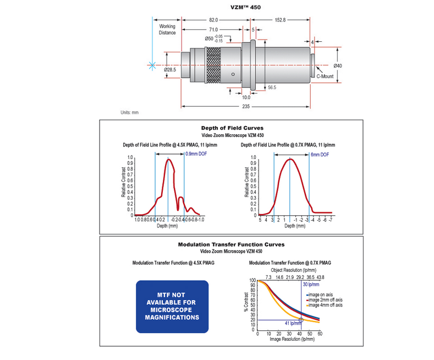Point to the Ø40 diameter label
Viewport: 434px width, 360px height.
(338, 66)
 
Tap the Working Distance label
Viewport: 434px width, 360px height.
(167, 29)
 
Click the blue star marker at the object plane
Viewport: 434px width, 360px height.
(152, 66)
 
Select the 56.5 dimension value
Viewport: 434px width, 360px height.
(272, 87)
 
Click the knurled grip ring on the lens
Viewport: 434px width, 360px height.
(211, 66)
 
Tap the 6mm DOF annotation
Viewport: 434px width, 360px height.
(319, 155)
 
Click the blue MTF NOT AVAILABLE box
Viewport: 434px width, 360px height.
(172, 306)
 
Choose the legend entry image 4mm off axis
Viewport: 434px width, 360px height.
(325, 305)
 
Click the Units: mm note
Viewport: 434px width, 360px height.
(130, 112)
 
